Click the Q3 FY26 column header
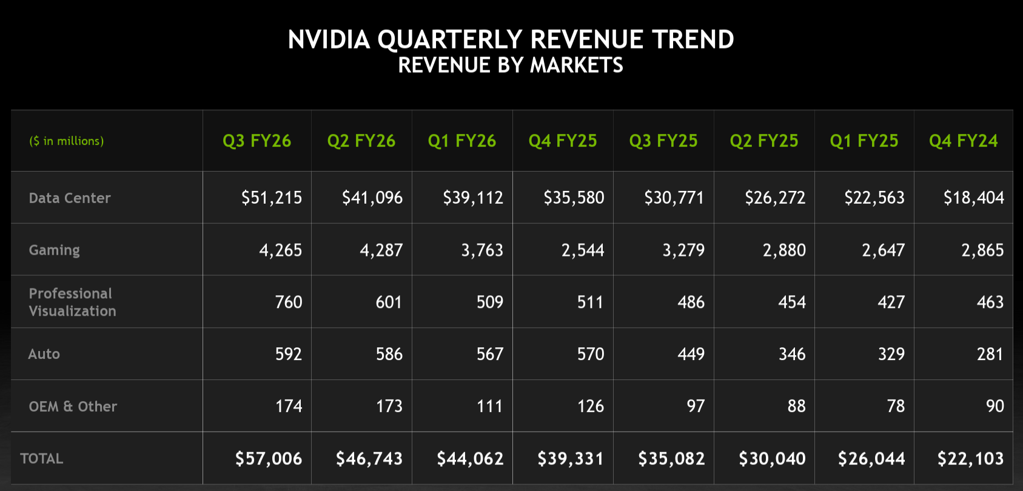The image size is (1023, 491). (257, 141)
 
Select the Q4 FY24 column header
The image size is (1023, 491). (963, 141)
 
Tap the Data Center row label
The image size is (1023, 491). (70, 198)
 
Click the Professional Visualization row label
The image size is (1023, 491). (72, 302)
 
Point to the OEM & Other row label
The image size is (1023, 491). (73, 407)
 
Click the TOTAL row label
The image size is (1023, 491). (41, 459)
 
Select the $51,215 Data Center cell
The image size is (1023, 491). (271, 198)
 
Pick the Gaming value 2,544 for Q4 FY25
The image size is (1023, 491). (582, 250)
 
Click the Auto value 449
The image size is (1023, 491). (691, 354)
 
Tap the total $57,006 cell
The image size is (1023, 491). (269, 459)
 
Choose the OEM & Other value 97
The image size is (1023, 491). (696, 406)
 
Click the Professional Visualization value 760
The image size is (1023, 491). (288, 302)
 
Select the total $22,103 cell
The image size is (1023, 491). (970, 459)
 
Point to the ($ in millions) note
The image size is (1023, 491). (67, 141)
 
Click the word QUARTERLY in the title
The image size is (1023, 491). (449, 40)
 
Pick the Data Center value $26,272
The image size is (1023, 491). (774, 198)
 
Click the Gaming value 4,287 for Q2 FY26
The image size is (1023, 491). (381, 250)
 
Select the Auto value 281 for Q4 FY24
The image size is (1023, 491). (990, 354)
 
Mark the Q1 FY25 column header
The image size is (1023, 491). (864, 141)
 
